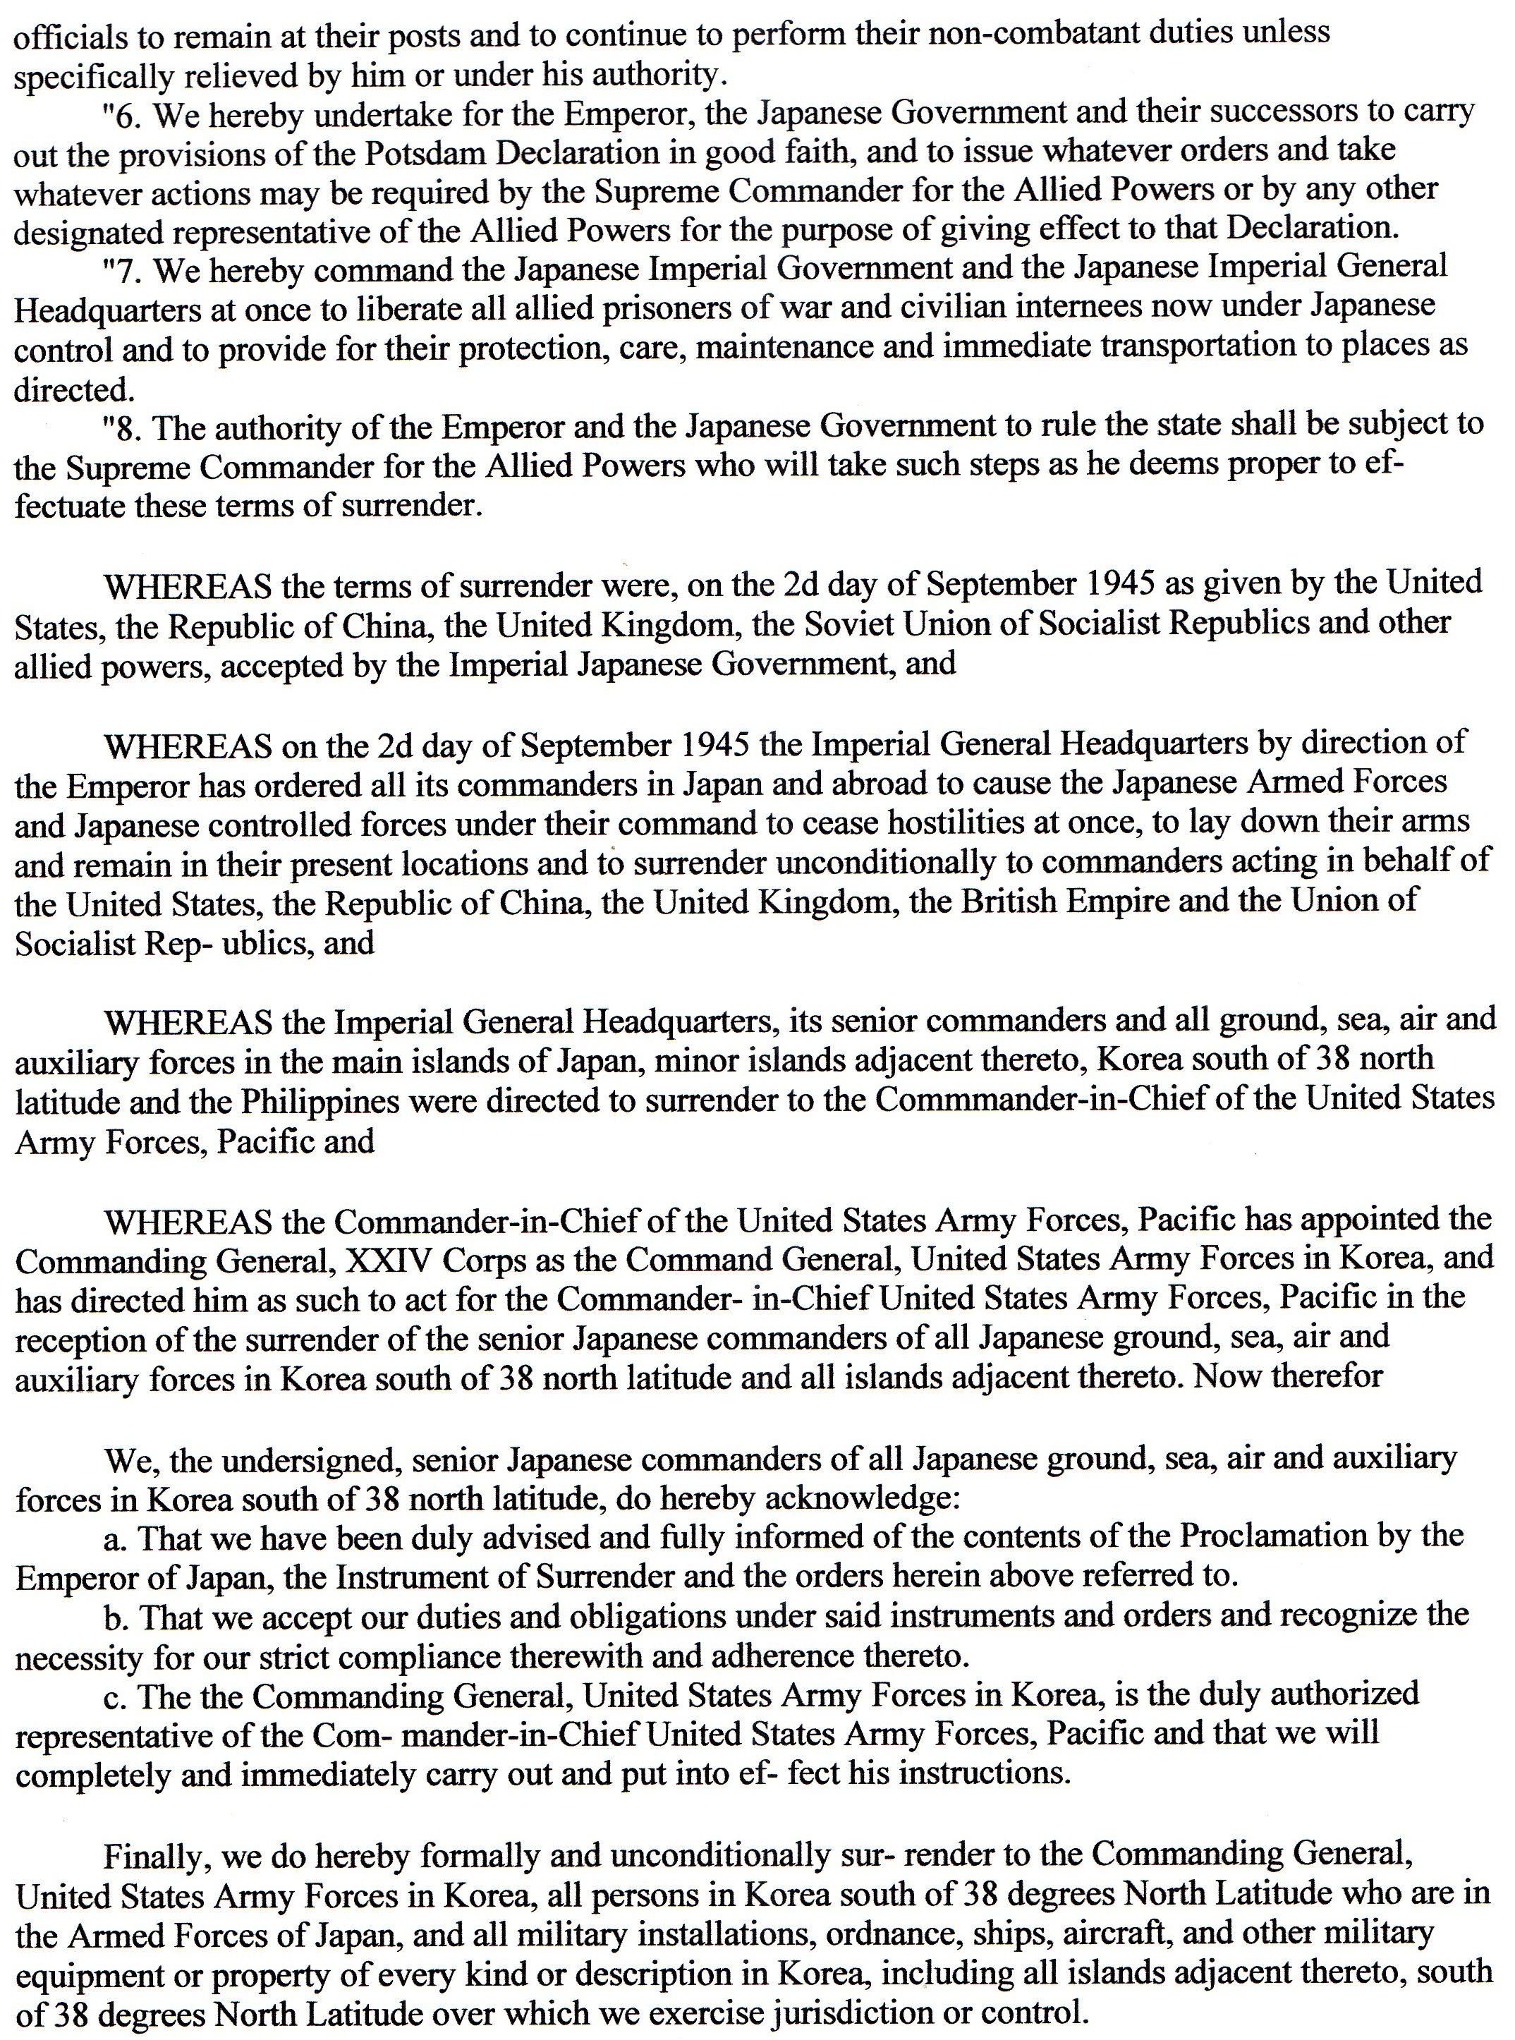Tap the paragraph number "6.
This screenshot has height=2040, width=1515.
(x=124, y=113)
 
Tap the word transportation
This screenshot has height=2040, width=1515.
(x=1200, y=348)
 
